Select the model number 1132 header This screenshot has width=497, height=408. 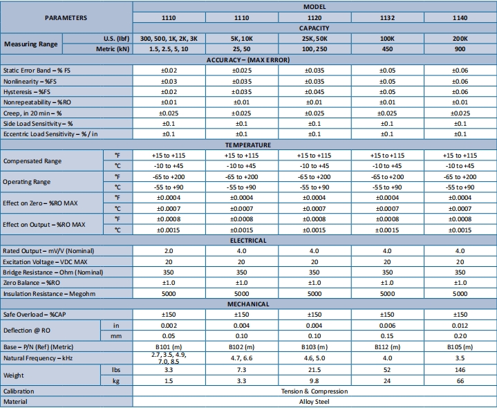pyautogui.click(x=387, y=17)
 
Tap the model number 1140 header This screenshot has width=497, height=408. pyautogui.click(x=460, y=17)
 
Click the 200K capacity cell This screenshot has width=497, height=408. pyautogui.click(x=460, y=38)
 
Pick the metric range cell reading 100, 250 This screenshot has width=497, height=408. pyautogui.click(x=314, y=48)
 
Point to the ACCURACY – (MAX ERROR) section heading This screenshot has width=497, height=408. pyautogui.click(x=248, y=59)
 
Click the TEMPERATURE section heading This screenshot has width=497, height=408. pyautogui.click(x=248, y=145)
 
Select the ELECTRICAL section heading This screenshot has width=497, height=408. pyautogui.click(x=248, y=240)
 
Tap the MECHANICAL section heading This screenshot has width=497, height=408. pyautogui.click(x=248, y=304)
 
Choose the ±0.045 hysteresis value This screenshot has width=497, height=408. pyautogui.click(x=314, y=91)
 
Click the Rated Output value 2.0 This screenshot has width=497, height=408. pyautogui.click(x=169, y=250)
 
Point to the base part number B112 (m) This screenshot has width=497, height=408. pyautogui.click(x=387, y=346)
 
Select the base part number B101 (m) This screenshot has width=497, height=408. pyautogui.click(x=169, y=346)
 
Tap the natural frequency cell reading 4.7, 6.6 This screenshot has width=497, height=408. pyautogui.click(x=241, y=359)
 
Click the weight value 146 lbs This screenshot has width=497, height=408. pyautogui.click(x=460, y=371)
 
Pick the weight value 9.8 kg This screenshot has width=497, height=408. pyautogui.click(x=314, y=381)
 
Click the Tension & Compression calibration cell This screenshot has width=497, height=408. pyautogui.click(x=314, y=391)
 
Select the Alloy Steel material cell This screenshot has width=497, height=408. pyautogui.click(x=314, y=401)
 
